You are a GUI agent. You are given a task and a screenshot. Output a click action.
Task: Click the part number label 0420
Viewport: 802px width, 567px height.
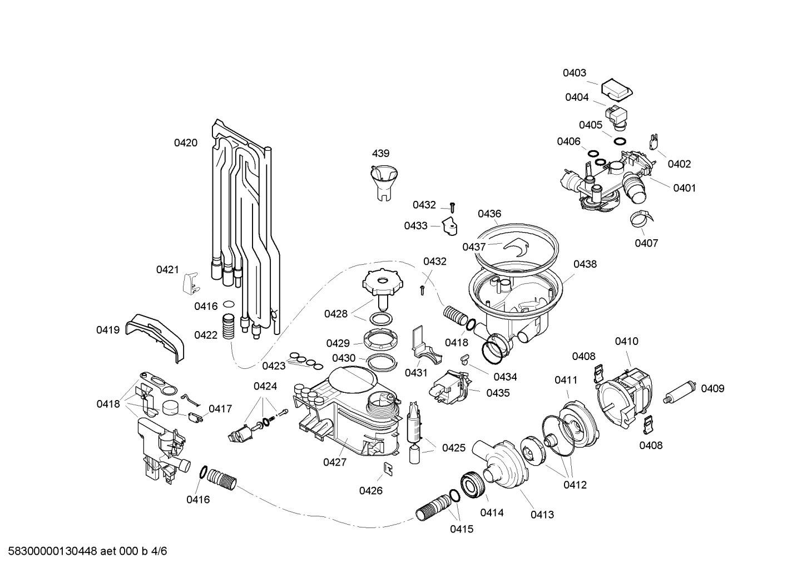pos(185,143)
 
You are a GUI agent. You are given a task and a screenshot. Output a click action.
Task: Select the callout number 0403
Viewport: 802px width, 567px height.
pos(574,73)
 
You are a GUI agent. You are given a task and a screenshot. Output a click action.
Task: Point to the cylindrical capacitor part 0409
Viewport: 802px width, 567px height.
pos(681,389)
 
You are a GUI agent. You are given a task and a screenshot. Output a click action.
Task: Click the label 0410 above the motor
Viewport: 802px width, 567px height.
pos(626,342)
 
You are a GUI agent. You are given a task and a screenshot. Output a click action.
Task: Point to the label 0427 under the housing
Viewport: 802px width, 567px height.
pos(334,462)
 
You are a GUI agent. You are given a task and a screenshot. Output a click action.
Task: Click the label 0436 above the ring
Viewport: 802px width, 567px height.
pos(489,214)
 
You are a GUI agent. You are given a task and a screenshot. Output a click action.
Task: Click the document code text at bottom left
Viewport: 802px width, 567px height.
pos(85,551)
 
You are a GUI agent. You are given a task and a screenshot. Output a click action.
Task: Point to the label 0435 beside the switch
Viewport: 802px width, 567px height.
pos(498,393)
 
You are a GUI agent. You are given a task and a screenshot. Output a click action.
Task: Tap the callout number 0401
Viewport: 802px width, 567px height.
pos(684,188)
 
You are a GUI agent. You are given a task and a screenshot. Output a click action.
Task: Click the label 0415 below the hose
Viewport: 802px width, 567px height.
pos(462,529)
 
